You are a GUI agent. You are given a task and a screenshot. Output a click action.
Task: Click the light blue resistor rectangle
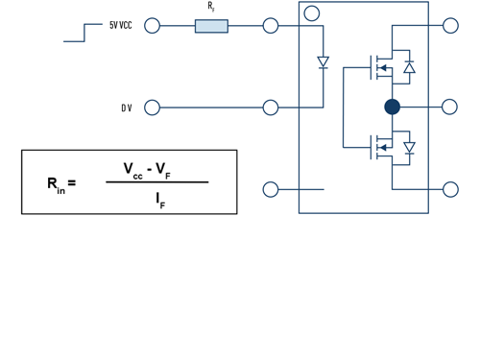(x=211, y=26)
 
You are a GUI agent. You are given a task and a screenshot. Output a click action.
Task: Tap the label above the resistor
(x=211, y=7)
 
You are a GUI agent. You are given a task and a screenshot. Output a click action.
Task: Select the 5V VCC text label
(x=121, y=26)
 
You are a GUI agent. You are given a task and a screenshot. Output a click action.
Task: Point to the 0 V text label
(x=126, y=108)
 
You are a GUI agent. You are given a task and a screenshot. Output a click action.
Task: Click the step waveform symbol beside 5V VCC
(x=82, y=34)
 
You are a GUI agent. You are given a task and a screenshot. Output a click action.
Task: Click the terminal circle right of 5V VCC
(x=152, y=26)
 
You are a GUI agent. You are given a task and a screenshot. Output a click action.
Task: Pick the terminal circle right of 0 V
(x=152, y=108)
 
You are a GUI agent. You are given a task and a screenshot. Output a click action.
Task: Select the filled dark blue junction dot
(x=392, y=107)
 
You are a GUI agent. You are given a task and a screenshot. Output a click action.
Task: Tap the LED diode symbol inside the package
(x=324, y=62)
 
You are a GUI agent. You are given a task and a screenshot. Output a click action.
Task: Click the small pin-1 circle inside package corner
(x=311, y=13)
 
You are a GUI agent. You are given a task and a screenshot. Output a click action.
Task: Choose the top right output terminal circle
(x=450, y=26)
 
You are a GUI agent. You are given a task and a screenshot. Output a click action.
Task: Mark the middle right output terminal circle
(x=450, y=107)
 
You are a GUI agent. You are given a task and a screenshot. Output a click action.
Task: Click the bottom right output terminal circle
(x=450, y=189)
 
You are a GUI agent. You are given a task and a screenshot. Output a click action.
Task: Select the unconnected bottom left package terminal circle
(x=271, y=189)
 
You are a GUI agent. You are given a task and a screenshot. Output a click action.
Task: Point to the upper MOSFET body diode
(x=409, y=67)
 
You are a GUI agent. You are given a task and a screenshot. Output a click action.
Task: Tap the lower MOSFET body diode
(x=409, y=148)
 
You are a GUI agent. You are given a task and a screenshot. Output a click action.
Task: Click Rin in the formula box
(x=56, y=184)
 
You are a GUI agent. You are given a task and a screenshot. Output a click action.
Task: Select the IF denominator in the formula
(x=159, y=201)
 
